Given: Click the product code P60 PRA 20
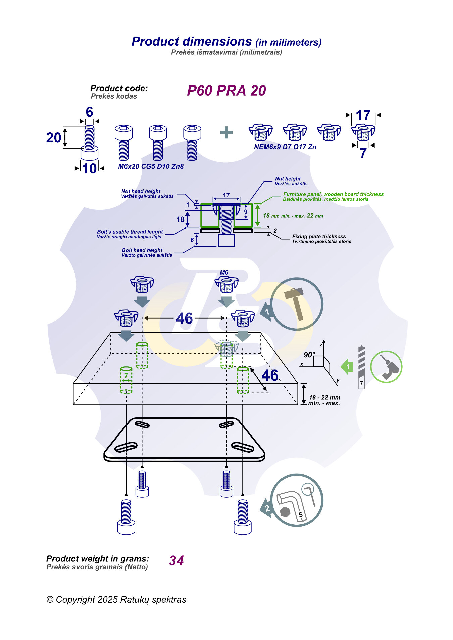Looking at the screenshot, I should (226, 91).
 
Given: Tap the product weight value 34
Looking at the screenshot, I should (177, 560).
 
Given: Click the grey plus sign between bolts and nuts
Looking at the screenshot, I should (226, 132).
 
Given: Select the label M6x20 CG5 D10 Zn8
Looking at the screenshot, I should (151, 166).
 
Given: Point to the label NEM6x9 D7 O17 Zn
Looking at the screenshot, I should (285, 147).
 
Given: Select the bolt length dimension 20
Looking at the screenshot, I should (54, 138).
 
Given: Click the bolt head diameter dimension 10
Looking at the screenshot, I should (89, 168).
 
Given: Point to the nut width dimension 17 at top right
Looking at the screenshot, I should (363, 116).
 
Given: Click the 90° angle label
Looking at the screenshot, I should (309, 355).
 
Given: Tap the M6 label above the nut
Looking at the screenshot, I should (224, 273).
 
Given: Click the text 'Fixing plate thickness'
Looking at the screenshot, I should (319, 236).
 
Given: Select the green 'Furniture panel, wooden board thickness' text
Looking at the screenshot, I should (333, 194).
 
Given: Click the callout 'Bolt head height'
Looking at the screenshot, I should (142, 250).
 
